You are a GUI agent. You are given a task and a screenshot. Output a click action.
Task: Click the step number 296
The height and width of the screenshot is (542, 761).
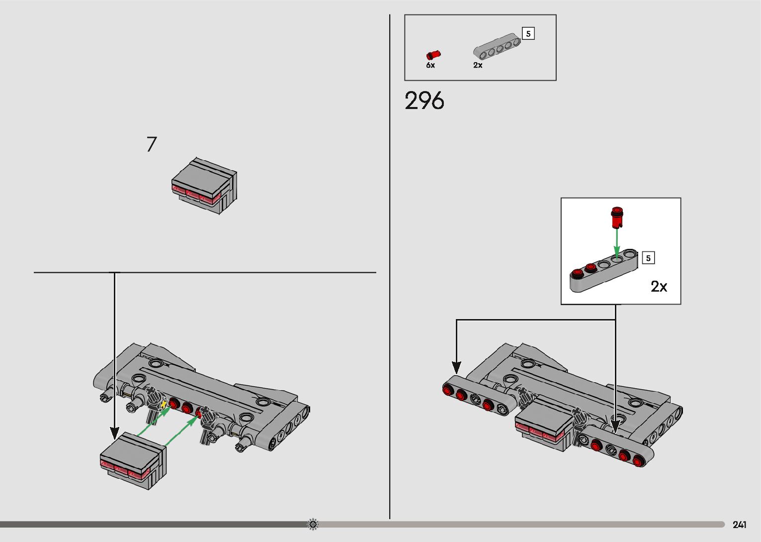tap(424, 101)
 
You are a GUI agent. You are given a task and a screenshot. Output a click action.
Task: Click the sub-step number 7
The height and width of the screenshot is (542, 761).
tap(152, 144)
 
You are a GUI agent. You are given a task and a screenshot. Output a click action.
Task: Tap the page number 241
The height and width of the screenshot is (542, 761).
tap(740, 525)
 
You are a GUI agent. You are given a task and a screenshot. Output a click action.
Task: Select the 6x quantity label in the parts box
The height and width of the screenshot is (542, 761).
tap(430, 65)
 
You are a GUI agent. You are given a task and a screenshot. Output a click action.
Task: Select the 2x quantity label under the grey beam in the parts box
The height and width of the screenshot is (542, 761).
tap(478, 65)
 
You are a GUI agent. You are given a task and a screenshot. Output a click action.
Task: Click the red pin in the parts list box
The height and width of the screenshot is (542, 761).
tap(433, 55)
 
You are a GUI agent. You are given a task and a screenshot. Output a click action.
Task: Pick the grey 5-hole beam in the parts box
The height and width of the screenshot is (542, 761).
tap(497, 47)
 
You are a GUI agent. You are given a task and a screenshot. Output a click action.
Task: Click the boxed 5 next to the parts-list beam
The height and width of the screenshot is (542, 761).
tap(528, 34)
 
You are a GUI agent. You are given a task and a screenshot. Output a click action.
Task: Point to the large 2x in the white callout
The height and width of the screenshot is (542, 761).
tap(659, 287)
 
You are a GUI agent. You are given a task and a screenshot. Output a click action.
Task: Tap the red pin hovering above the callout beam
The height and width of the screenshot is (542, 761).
tap(617, 217)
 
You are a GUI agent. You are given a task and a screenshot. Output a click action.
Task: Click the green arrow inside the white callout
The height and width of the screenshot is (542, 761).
tap(617, 243)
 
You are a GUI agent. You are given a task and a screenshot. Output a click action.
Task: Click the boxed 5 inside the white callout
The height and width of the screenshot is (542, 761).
tap(648, 258)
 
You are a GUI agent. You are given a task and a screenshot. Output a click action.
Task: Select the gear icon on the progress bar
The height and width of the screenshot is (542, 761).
tap(313, 524)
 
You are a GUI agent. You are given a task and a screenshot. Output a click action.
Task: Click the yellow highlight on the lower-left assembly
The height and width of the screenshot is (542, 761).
tap(164, 405)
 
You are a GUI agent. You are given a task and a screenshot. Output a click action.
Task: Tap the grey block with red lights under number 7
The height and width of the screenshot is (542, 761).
tap(204, 186)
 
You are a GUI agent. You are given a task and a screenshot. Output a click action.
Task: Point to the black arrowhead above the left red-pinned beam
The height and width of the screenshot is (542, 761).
tap(456, 367)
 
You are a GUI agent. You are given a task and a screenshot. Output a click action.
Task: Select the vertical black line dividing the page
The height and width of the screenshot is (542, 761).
tap(390, 266)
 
